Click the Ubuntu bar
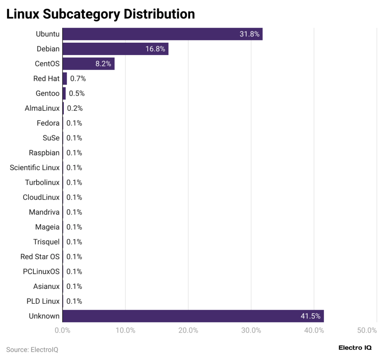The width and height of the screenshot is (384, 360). point(162,34)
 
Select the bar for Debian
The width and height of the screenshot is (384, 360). point(115,49)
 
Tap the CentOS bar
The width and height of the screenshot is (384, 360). point(88,64)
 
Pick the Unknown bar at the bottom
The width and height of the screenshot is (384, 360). point(193,316)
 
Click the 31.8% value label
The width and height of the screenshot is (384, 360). point(249,34)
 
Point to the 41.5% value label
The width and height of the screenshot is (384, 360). point(310,316)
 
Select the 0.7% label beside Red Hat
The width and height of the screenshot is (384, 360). point(78,79)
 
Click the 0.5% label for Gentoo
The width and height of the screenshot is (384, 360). point(77,93)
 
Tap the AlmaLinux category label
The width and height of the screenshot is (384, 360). point(42,108)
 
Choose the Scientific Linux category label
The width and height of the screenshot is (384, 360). point(34,167)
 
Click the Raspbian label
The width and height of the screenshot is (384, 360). point(44,153)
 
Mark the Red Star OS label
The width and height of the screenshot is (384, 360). point(40,257)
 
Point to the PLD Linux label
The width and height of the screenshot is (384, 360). point(43,301)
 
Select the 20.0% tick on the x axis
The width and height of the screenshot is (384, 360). point(188,330)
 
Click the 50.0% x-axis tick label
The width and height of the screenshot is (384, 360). point(367,330)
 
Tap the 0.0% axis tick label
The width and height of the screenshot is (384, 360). point(62,330)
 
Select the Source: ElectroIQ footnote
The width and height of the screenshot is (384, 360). point(32,350)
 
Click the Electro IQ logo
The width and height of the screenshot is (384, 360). point(355,348)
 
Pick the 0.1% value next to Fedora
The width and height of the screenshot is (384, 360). point(74,123)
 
